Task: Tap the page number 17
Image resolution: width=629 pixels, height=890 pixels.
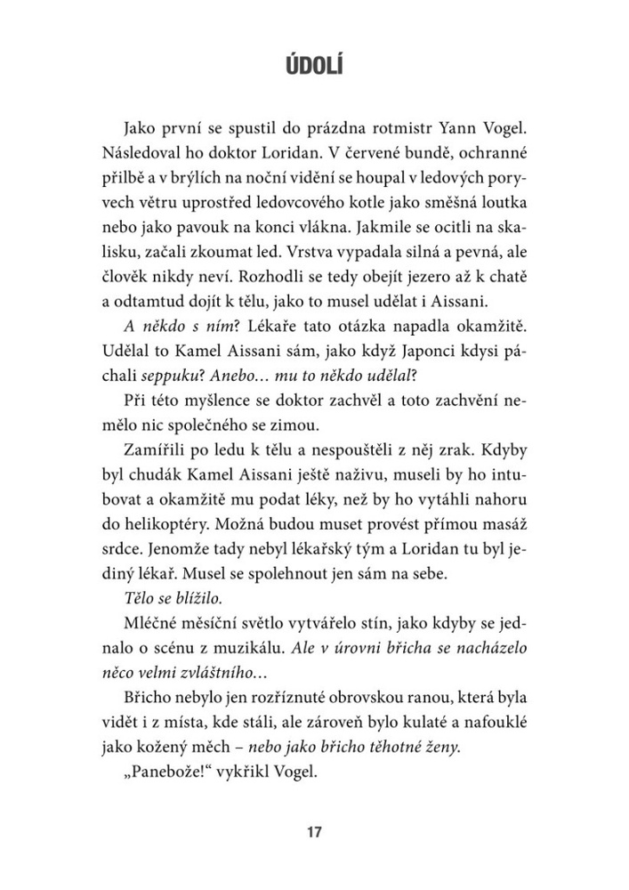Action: point(313,833)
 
